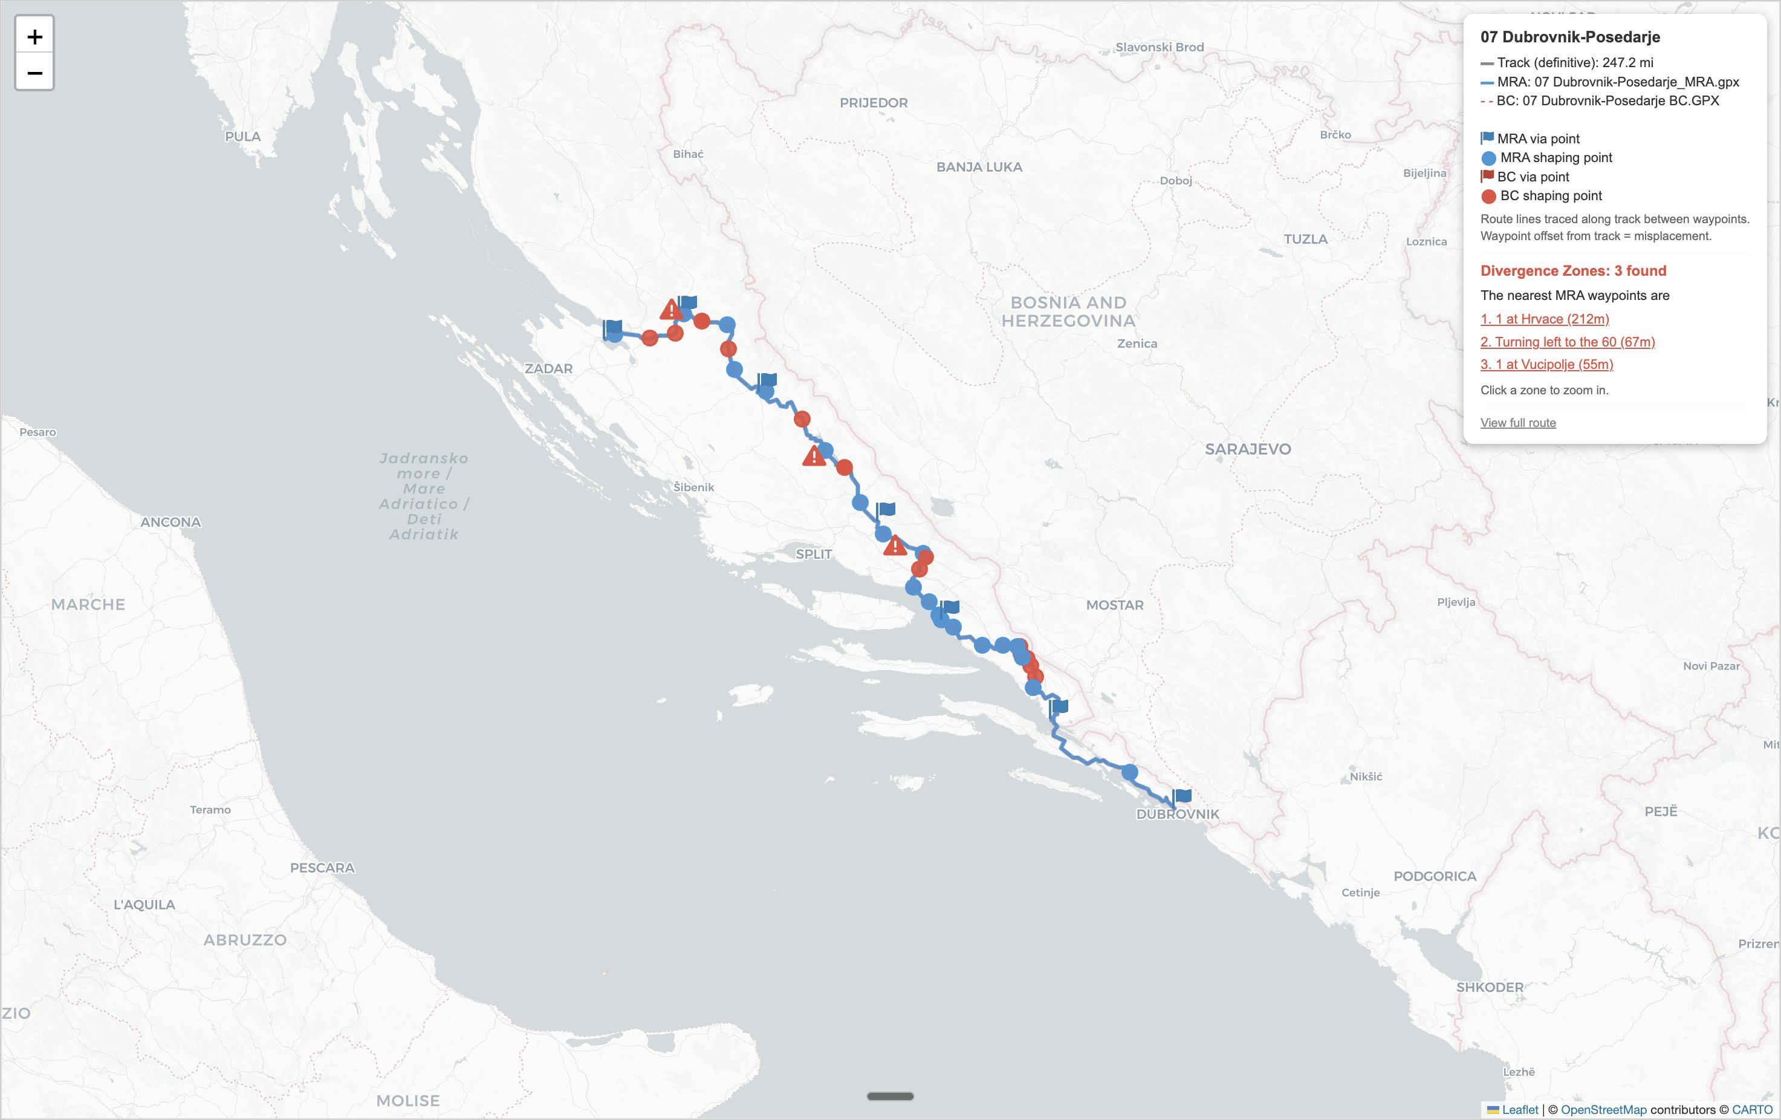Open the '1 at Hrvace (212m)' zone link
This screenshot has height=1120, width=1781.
pyautogui.click(x=1545, y=319)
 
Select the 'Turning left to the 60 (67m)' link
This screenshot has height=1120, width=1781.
pyautogui.click(x=1567, y=342)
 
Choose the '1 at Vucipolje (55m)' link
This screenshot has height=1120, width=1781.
pyautogui.click(x=1546, y=364)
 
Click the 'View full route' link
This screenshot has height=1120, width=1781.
pyautogui.click(x=1517, y=422)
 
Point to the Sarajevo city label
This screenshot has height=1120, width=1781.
pyautogui.click(x=1248, y=449)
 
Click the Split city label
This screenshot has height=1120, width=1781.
pyautogui.click(x=814, y=554)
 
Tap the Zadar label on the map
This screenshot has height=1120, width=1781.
pyautogui.click(x=548, y=368)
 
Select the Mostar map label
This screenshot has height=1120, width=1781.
pyautogui.click(x=1115, y=605)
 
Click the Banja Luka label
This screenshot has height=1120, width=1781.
pyautogui.click(x=979, y=167)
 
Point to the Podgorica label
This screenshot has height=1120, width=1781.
pyautogui.click(x=1434, y=876)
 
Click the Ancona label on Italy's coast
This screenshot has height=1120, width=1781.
pyautogui.click(x=171, y=523)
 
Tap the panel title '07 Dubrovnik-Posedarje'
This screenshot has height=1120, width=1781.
pyautogui.click(x=1569, y=37)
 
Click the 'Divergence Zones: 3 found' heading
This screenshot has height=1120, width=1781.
pyautogui.click(x=1573, y=271)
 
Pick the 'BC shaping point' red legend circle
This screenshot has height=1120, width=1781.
pyautogui.click(x=1488, y=196)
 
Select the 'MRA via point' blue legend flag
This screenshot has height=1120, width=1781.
pyautogui.click(x=1487, y=138)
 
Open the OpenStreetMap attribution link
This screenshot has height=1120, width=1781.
pyautogui.click(x=1603, y=1110)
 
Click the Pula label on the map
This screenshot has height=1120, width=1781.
pyautogui.click(x=242, y=137)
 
